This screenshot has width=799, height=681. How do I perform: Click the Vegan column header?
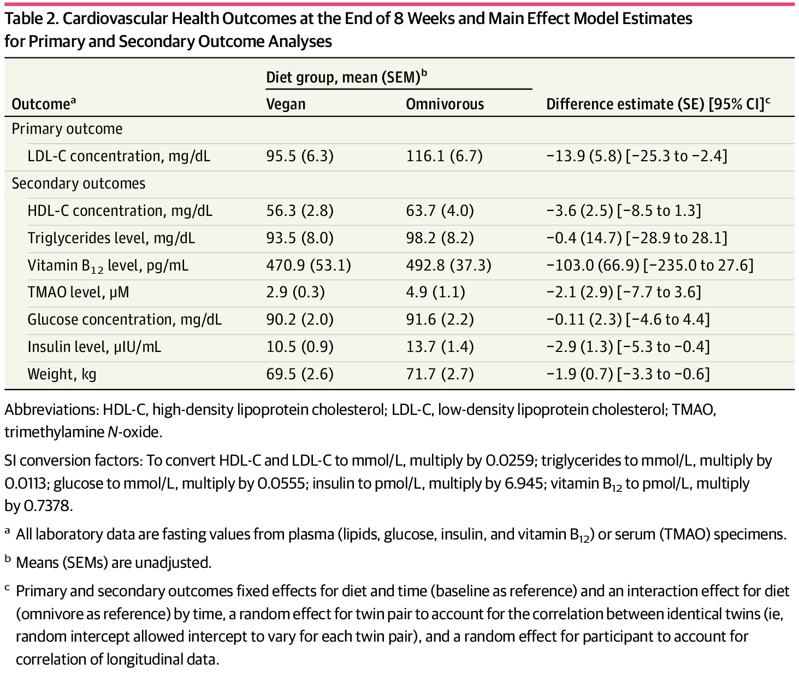click(x=286, y=104)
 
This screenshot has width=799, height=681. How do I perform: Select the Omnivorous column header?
click(x=445, y=104)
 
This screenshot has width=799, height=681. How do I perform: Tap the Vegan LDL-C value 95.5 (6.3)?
click(x=300, y=156)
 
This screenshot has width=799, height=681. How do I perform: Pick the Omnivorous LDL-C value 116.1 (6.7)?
click(x=444, y=156)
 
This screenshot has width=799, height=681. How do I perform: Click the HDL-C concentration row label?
click(x=120, y=211)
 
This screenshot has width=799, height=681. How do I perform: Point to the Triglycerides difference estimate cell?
click(x=637, y=238)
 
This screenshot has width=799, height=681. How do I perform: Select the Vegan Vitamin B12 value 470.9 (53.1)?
click(x=309, y=266)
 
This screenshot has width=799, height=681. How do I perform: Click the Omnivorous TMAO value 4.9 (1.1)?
click(x=435, y=292)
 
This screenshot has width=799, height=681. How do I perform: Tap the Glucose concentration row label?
click(x=125, y=320)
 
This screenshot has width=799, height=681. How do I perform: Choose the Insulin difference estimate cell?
click(x=628, y=347)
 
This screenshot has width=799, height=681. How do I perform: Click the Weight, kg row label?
click(x=62, y=374)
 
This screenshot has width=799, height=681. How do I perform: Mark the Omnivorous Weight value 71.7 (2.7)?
click(x=440, y=374)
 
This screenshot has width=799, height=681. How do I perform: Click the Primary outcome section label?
click(x=67, y=129)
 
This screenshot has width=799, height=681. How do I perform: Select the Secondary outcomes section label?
click(x=79, y=184)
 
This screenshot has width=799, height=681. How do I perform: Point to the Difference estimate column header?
click(x=658, y=104)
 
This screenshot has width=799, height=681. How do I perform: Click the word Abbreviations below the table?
click(x=51, y=409)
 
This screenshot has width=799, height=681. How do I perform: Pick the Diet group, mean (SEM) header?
click(x=347, y=77)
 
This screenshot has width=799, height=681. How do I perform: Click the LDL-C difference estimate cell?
click(x=637, y=156)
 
